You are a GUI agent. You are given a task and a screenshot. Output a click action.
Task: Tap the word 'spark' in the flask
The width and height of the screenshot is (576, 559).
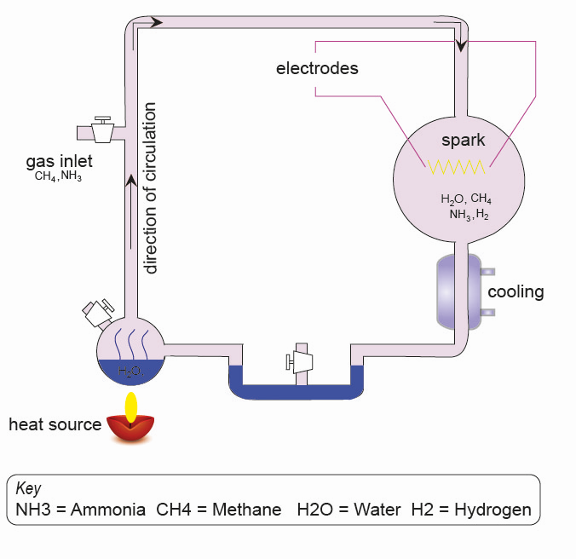464,139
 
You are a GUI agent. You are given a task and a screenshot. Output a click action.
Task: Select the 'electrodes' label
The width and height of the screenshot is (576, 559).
317,68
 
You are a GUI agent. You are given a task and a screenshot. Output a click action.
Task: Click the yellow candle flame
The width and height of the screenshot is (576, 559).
131,408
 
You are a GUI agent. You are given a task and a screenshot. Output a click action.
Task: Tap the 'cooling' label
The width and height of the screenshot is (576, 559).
515,291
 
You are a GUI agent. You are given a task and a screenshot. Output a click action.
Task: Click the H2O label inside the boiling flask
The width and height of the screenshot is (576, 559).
130,371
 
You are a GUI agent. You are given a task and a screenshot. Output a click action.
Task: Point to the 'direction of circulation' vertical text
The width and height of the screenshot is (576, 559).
151,187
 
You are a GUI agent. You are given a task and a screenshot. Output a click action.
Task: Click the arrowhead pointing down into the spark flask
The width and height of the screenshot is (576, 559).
462,43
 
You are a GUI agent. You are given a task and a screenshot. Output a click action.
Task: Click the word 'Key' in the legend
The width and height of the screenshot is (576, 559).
29,489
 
